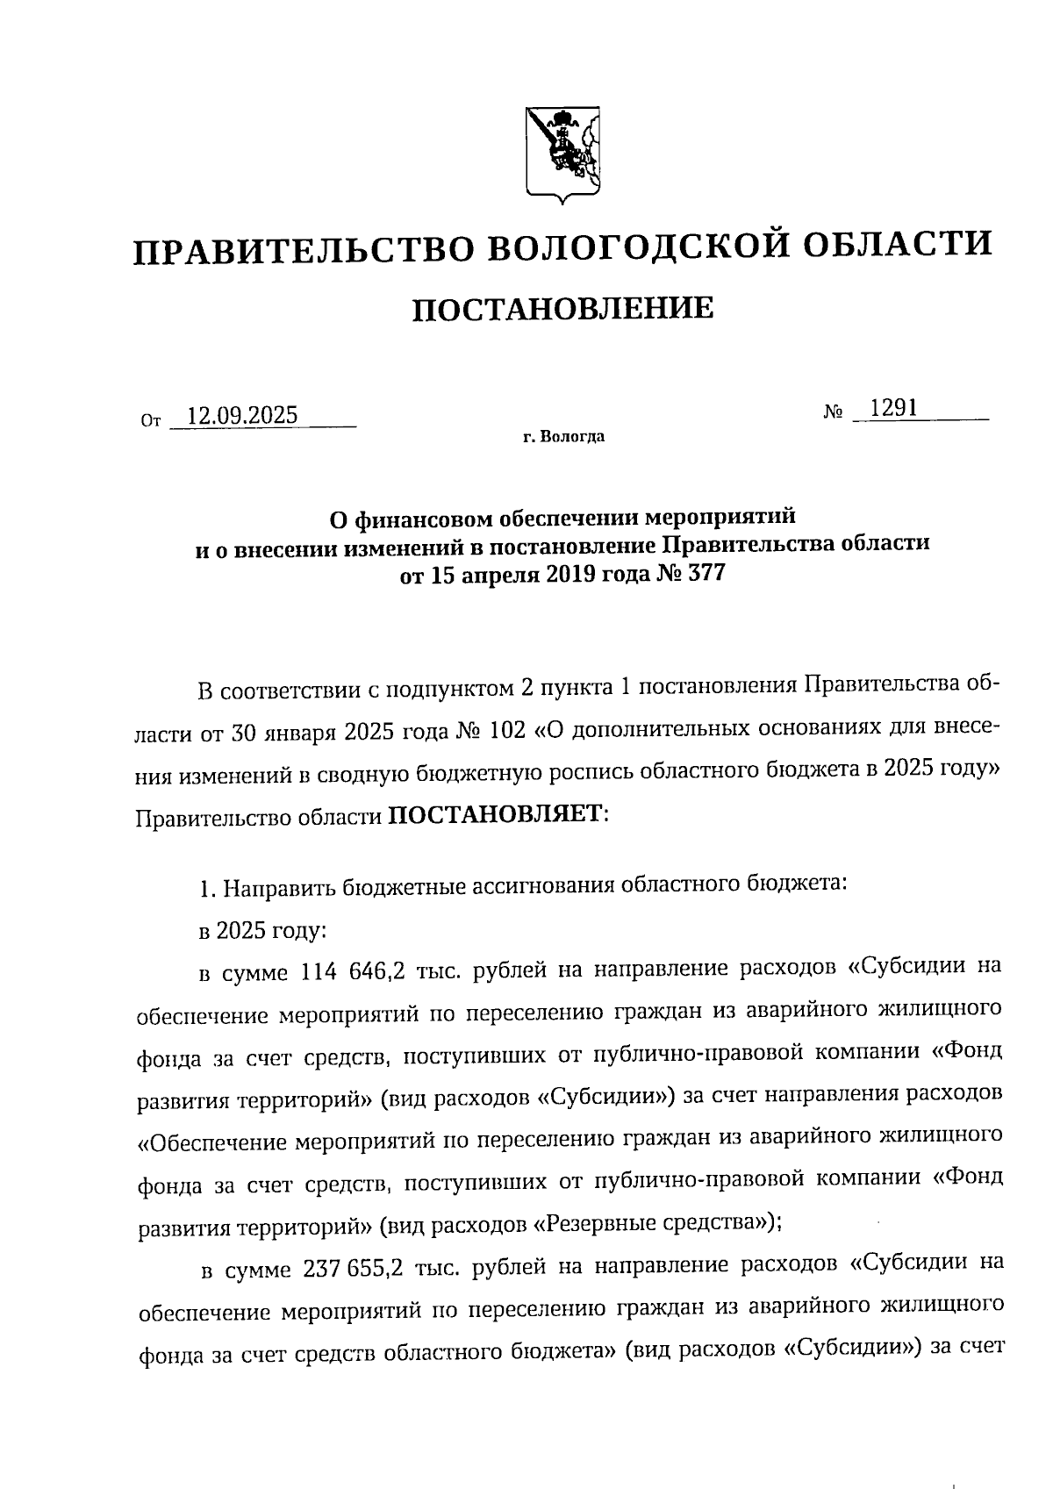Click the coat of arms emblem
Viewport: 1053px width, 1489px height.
click(562, 154)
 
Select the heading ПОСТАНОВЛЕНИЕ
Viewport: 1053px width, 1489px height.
click(562, 309)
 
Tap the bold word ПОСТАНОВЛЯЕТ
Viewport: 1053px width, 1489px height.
click(497, 815)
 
